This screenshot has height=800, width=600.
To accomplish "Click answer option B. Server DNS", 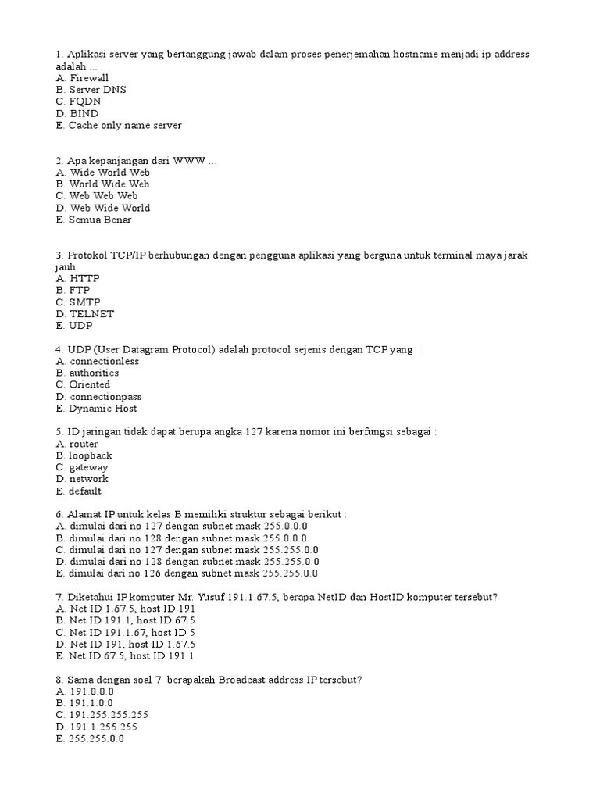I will [91, 90].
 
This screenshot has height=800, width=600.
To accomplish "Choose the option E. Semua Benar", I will [94, 220].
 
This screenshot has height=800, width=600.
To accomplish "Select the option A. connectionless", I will [98, 362].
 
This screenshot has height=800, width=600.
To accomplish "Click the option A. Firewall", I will [82, 78].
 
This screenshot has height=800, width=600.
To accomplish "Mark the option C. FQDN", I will [79, 102].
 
